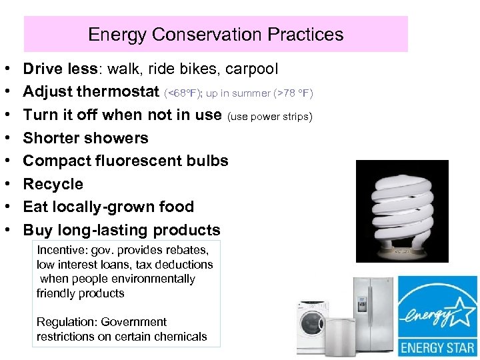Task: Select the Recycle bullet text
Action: pos(53,184)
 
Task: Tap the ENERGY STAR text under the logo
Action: pos(438,347)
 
